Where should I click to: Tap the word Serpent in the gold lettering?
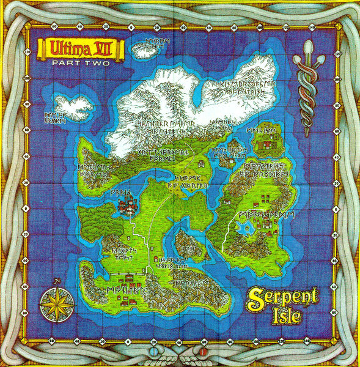283,298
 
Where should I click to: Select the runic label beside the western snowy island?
54,117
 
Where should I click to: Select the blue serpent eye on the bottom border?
160,354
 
